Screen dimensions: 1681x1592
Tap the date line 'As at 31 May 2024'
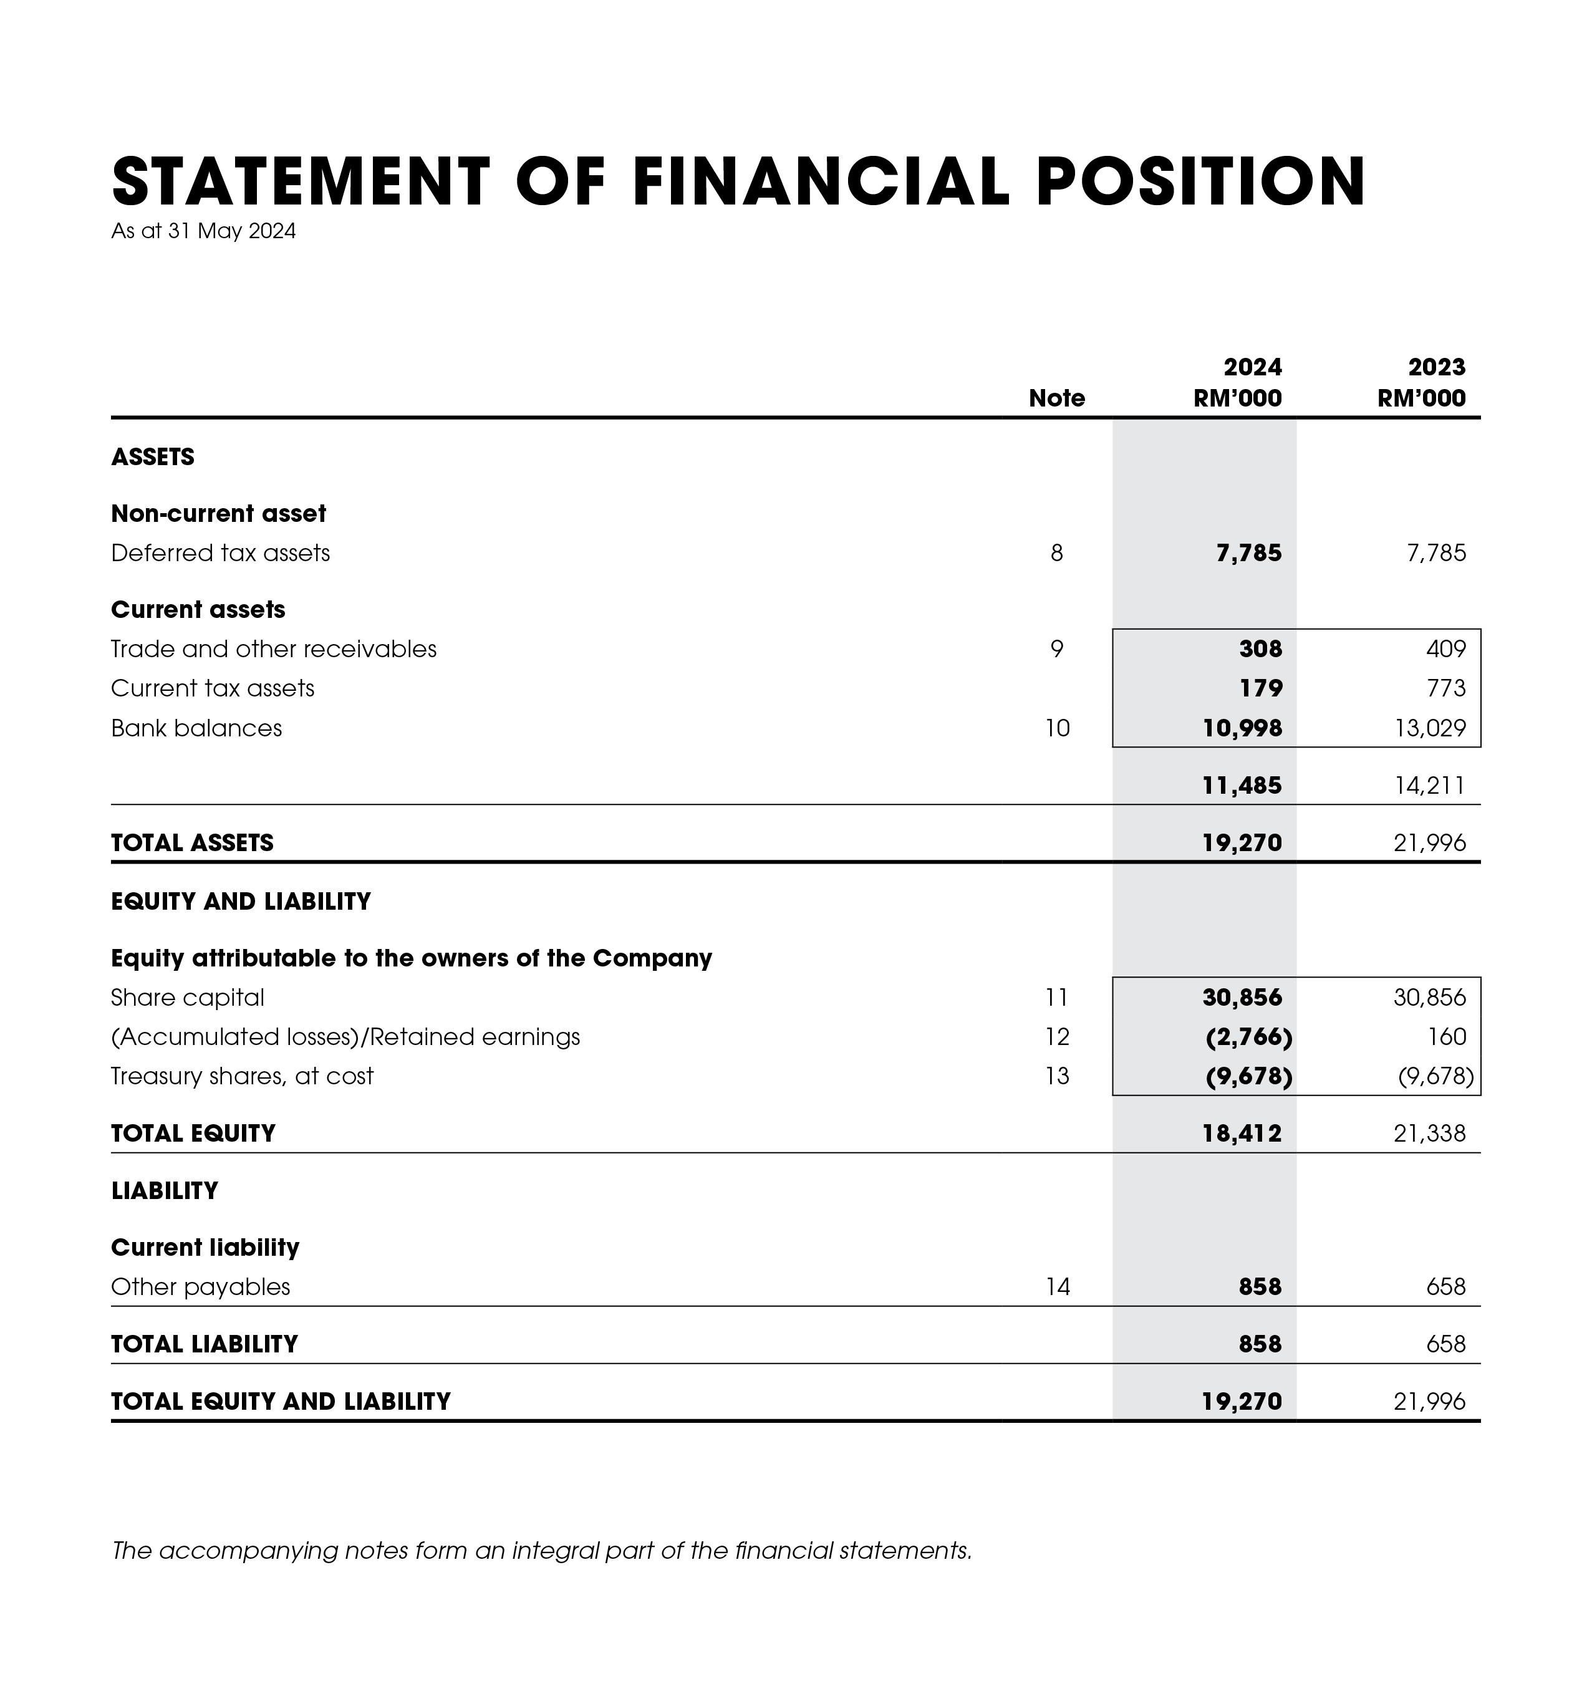(204, 232)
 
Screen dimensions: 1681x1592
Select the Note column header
(1056, 398)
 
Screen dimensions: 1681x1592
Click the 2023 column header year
(1436, 367)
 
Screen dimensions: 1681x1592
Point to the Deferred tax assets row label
(221, 553)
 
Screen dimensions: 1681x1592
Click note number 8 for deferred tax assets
(1056, 553)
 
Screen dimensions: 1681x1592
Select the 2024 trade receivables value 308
(1260, 649)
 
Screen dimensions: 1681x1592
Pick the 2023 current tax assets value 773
(1446, 688)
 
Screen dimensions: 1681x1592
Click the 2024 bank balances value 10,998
(1242, 728)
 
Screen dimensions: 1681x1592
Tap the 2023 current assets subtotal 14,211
(1430, 786)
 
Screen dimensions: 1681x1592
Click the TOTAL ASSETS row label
(193, 842)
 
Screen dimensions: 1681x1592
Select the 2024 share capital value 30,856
(1242, 997)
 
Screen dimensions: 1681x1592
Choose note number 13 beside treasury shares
(1056, 1076)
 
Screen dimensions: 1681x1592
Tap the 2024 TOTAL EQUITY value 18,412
(1242, 1134)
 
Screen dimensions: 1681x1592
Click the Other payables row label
(201, 1288)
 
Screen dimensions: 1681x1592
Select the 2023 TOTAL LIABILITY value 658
(1446, 1344)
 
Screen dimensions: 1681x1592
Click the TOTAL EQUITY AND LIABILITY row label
(281, 1401)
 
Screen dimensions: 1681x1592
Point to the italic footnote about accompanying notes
(541, 1551)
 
